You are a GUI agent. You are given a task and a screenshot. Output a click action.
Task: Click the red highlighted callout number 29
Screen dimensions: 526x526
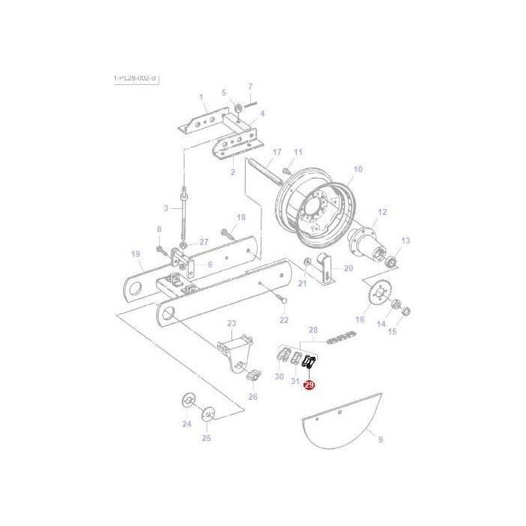pyautogui.click(x=309, y=385)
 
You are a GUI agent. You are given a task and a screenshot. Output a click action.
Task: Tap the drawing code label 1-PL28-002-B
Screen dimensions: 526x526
pyautogui.click(x=135, y=78)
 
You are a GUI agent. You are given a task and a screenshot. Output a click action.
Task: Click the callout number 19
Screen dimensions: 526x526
pyautogui.click(x=136, y=254)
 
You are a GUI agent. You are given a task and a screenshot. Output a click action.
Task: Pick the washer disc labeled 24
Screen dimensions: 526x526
pyautogui.click(x=186, y=400)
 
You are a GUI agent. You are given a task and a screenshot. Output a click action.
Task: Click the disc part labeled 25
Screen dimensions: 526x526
pyautogui.click(x=207, y=414)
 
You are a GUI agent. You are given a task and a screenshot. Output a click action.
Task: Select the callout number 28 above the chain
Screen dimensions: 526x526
pyautogui.click(x=313, y=330)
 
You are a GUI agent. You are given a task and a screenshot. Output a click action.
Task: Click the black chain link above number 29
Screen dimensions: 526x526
pyautogui.click(x=308, y=364)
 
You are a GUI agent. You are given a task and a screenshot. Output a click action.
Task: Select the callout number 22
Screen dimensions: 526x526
pyautogui.click(x=283, y=320)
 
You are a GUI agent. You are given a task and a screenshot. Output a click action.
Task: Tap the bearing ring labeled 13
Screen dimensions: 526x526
pyautogui.click(x=391, y=262)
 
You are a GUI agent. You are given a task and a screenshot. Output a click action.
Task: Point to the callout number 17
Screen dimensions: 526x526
pyautogui.click(x=277, y=152)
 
